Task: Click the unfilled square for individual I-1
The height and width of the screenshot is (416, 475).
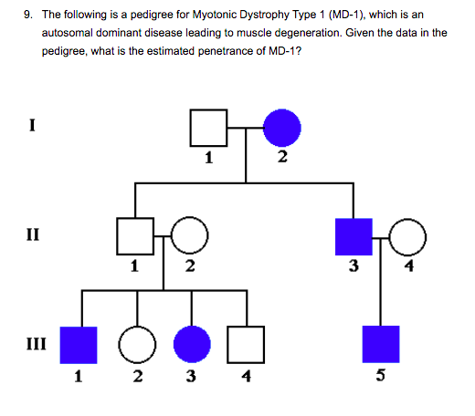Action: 208,129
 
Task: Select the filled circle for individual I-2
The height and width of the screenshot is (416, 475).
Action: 282,129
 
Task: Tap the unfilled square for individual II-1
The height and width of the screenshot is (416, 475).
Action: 134,236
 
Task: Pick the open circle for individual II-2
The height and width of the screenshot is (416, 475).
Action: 190,236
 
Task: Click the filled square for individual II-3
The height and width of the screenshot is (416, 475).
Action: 354,236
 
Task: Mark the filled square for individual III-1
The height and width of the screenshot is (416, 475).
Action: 79,344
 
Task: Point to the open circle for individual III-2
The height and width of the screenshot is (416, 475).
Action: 136,344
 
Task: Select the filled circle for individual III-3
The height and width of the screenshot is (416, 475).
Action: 191,344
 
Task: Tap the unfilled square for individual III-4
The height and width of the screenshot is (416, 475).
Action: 246,344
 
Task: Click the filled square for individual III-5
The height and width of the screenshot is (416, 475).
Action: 381,344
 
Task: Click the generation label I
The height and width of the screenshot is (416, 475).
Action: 33,126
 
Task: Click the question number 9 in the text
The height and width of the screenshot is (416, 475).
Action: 28,15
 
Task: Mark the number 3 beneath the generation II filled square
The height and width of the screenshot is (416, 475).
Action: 354,266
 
